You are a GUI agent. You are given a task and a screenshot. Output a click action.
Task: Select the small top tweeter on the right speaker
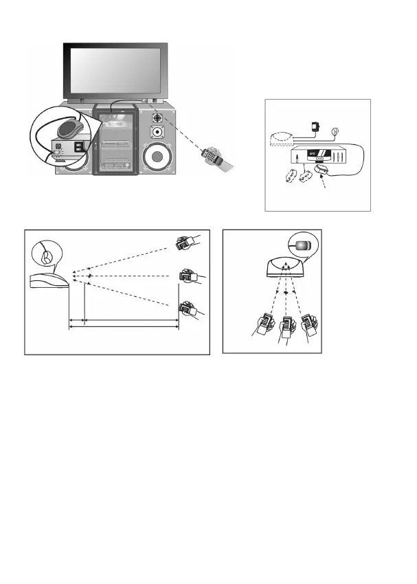pos(157,116)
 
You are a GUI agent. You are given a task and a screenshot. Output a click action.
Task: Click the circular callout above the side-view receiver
pos(44,256)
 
